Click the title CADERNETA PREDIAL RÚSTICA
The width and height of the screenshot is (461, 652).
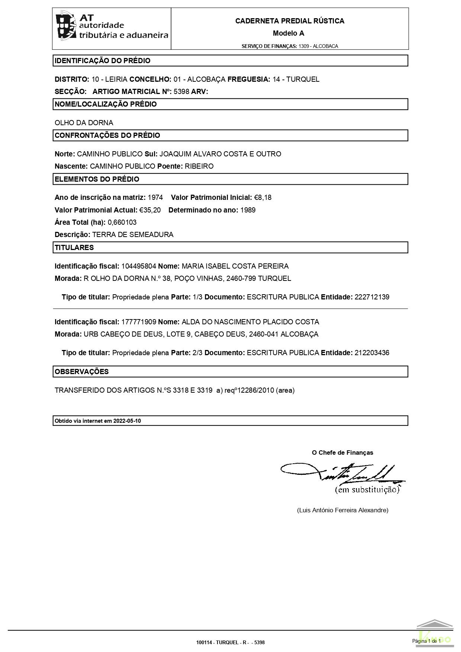pyautogui.click(x=290, y=21)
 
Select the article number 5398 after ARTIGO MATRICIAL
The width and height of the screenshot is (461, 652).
pyautogui.click(x=181, y=92)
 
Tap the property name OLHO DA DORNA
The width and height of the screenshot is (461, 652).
pyautogui.click(x=84, y=123)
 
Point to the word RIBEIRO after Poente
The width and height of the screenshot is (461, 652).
pyautogui.click(x=199, y=166)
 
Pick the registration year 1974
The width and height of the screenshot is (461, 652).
pyautogui.click(x=155, y=198)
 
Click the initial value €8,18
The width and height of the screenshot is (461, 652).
pyautogui.click(x=263, y=198)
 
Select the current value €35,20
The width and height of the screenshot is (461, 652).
pyautogui.click(x=150, y=210)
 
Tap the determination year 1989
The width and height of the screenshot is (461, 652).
pyautogui.click(x=248, y=210)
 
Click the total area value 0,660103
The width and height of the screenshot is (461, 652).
pyautogui.click(x=122, y=223)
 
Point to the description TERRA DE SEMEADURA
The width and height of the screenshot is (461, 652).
pyautogui.click(x=133, y=235)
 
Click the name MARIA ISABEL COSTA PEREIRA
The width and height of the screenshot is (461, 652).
pyautogui.click(x=235, y=266)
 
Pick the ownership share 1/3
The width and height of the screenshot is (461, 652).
pyautogui.click(x=197, y=297)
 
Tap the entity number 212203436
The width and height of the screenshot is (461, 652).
pyautogui.click(x=372, y=353)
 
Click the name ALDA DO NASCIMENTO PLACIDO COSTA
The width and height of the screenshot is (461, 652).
pyautogui.click(x=250, y=322)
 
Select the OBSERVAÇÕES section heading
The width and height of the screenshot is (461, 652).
pyautogui.click(x=82, y=372)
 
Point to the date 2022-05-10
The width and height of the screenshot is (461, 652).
pyautogui.click(x=127, y=421)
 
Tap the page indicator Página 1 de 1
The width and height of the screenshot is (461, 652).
pyautogui.click(x=426, y=641)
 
